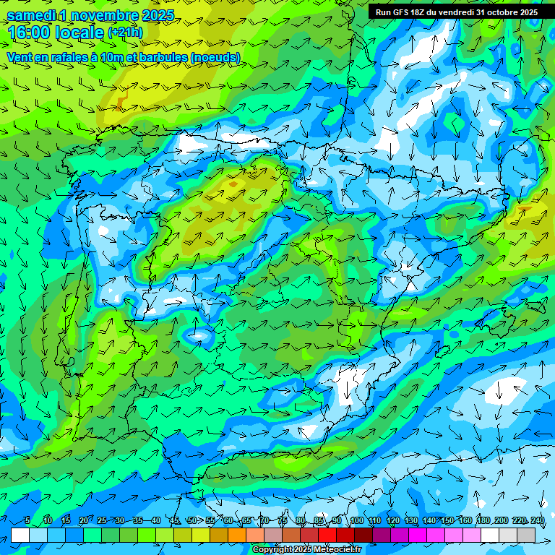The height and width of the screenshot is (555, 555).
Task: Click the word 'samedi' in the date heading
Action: point(32,14)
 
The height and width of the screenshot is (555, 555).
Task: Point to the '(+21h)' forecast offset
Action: point(125,33)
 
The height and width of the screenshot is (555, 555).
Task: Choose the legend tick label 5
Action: point(27,521)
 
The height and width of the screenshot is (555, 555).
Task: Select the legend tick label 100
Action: point(356,521)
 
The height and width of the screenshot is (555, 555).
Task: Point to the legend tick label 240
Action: point(537,521)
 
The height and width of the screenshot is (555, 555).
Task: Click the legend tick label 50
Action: point(192,521)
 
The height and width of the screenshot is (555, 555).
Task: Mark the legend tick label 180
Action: point(483,521)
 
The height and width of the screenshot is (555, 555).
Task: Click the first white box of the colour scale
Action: point(20,535)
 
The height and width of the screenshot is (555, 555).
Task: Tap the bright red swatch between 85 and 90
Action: point(327,535)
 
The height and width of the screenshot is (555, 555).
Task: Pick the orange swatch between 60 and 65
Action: point(237,535)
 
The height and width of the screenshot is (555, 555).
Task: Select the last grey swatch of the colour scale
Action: point(526,535)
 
